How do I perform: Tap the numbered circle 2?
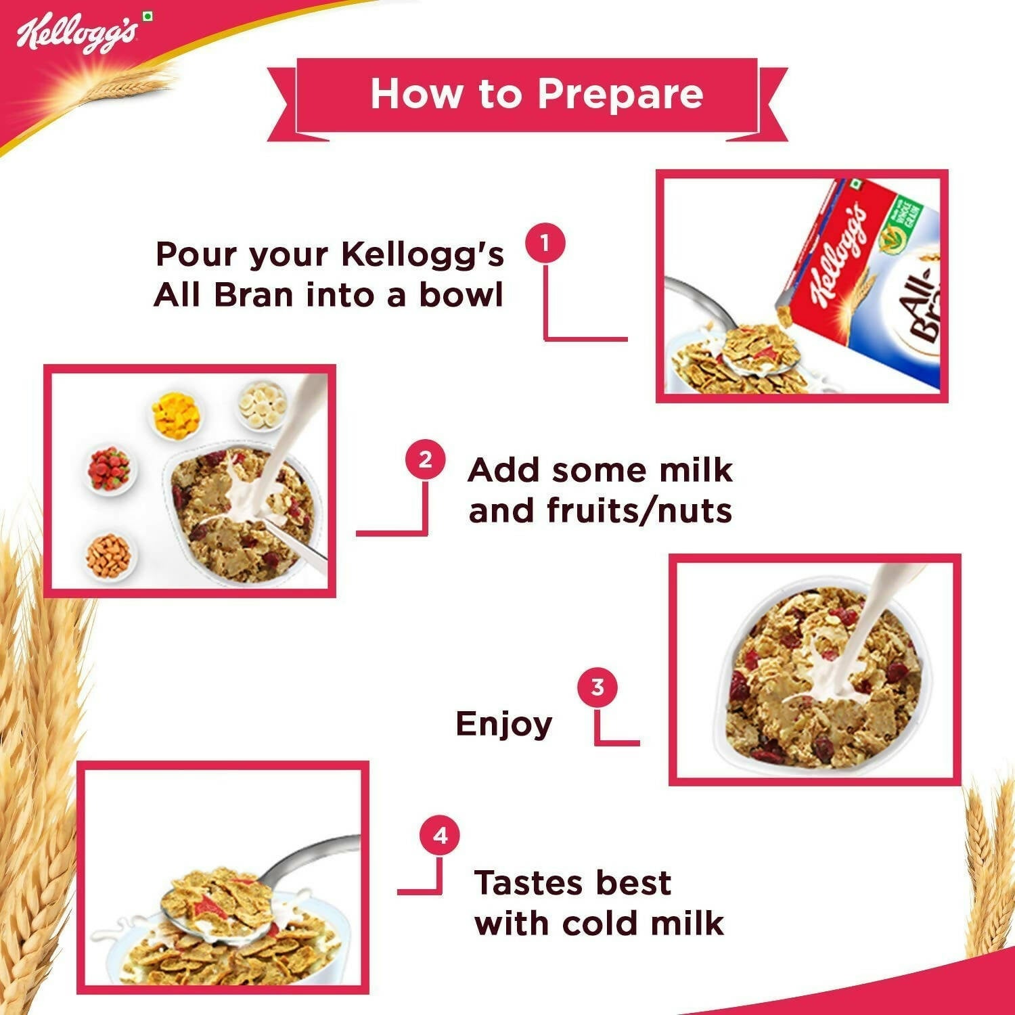(x=425, y=460)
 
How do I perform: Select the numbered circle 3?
(x=597, y=687)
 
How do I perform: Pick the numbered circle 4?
(x=440, y=836)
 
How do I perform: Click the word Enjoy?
(x=504, y=725)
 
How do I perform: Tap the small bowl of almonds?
(x=109, y=555)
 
